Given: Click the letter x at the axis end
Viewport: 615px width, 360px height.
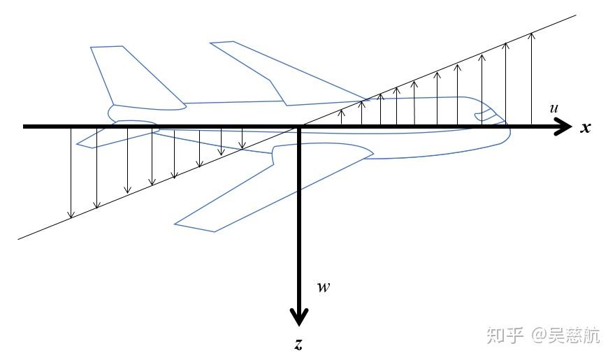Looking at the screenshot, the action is (586, 128).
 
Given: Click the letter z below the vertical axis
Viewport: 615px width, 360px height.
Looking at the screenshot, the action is (298, 344).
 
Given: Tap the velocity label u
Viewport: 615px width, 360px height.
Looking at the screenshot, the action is (553, 108).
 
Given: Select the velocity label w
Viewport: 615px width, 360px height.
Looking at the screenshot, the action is (323, 287).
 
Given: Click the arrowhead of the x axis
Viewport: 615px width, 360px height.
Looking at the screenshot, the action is (563, 127).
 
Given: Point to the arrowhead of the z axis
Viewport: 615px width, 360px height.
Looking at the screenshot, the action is (299, 317).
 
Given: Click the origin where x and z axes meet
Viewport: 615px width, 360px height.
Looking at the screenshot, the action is (300, 127).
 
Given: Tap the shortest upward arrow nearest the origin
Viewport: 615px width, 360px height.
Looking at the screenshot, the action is (342, 117).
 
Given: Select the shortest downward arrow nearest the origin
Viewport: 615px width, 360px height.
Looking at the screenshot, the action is (242, 138).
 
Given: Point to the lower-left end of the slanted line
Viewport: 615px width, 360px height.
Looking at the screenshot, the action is (20, 238).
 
